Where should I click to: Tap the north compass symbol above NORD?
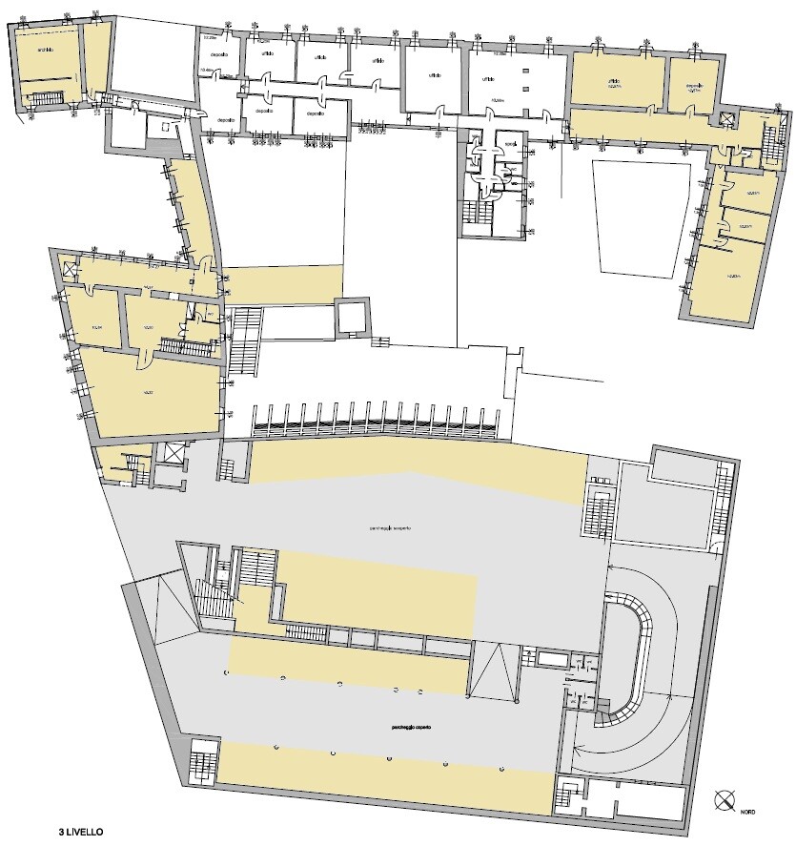click(725, 799)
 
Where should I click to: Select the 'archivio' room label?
click(44, 50)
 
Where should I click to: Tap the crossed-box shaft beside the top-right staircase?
click(727, 118)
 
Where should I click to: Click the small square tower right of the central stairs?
click(355, 317)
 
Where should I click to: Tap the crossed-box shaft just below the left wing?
click(173, 454)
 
